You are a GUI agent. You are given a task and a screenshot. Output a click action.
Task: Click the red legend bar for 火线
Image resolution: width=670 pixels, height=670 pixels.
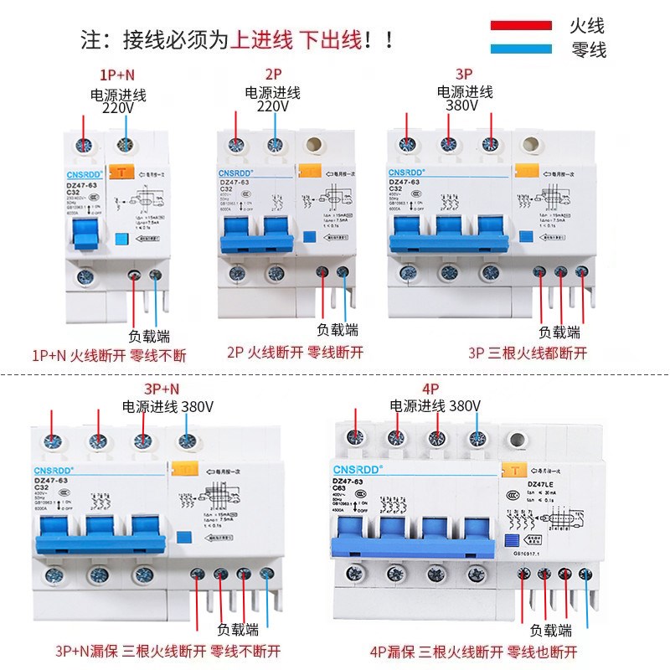pyautogui.click(x=520, y=25)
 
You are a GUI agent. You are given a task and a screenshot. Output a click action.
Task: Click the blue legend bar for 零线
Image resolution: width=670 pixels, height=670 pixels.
pyautogui.click(x=520, y=49)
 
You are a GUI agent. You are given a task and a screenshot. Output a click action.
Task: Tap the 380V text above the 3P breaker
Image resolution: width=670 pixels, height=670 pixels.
pyautogui.click(x=461, y=107)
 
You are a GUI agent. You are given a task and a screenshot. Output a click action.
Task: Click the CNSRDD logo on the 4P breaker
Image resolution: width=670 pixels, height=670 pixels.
pyautogui.click(x=359, y=469)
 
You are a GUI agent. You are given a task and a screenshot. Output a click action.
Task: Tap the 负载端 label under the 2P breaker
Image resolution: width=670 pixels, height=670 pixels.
pyautogui.click(x=339, y=329)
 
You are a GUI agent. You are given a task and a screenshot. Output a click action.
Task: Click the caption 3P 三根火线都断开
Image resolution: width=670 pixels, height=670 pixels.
pyautogui.click(x=528, y=353)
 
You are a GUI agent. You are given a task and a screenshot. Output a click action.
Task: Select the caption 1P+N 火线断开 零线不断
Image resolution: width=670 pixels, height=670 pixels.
pyautogui.click(x=109, y=356)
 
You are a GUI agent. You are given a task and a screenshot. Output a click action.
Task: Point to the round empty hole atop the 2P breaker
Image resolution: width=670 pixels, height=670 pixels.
pyautogui.click(x=317, y=145)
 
